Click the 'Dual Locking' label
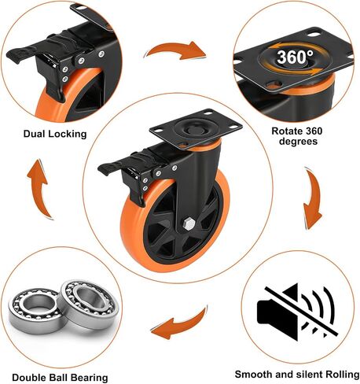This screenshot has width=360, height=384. [55, 134]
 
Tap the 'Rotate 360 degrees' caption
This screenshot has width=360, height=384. [297, 136]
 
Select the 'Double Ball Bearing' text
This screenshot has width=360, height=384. [60, 378]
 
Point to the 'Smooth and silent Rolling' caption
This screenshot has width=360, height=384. [297, 375]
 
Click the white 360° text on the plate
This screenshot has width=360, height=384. [295, 57]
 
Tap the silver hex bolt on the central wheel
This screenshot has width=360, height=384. [188, 225]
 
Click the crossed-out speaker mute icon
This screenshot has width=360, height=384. [297, 312]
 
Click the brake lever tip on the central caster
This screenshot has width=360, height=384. [103, 169]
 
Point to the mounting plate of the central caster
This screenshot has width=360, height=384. [196, 129]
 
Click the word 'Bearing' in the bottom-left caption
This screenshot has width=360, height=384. [86, 378]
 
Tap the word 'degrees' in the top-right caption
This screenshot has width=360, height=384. [298, 142]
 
